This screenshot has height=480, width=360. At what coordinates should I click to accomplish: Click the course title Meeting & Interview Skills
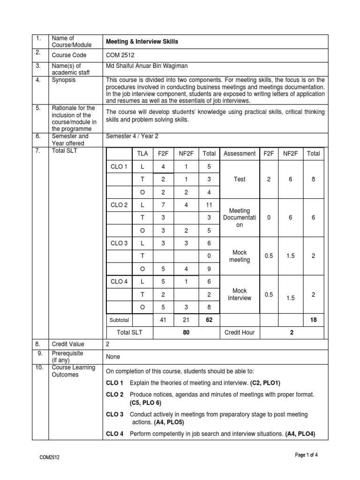(x=142, y=42)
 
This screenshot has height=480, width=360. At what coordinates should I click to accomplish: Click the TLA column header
(x=142, y=153)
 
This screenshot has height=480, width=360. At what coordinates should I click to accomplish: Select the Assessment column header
(x=240, y=153)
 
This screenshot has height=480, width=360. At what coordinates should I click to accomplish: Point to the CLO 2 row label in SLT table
(x=119, y=205)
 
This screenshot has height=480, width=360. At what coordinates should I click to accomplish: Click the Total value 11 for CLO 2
(x=209, y=205)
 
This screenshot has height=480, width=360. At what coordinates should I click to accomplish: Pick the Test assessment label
(x=240, y=179)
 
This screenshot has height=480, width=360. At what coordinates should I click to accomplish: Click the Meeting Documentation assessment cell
(x=240, y=217)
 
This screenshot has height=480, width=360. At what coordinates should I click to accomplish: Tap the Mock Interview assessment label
(x=240, y=294)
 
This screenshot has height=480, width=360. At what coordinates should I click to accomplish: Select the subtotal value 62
(x=209, y=320)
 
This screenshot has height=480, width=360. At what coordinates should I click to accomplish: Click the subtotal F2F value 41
(x=164, y=320)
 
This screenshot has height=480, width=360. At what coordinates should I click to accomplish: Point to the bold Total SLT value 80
(x=186, y=332)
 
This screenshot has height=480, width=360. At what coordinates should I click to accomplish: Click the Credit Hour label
(x=240, y=332)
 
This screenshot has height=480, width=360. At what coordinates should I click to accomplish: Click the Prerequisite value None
(x=113, y=357)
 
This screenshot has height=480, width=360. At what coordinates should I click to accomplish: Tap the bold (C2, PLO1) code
(x=265, y=383)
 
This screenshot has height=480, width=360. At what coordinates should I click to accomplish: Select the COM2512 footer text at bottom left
(x=50, y=457)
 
